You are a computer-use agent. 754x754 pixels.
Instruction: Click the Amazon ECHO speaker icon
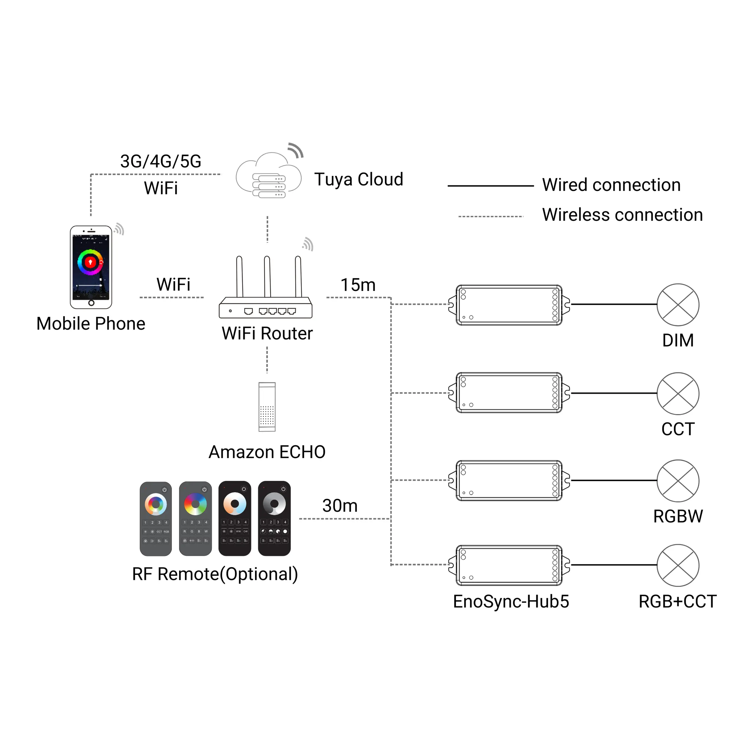(x=267, y=407)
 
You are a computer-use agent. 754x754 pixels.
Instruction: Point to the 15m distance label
(x=358, y=285)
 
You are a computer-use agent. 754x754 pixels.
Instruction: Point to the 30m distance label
(x=340, y=505)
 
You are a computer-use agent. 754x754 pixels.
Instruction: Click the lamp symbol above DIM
(x=678, y=305)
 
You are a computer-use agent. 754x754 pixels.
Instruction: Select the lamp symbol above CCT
(x=678, y=393)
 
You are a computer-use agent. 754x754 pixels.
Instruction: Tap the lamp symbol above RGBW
(x=678, y=480)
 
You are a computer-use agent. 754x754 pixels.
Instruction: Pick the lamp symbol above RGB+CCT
(x=678, y=565)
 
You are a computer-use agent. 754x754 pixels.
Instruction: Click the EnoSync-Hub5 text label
(x=511, y=601)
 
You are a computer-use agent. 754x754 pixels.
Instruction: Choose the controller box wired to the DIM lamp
(x=509, y=305)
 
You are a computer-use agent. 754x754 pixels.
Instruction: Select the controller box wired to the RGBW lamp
(x=509, y=480)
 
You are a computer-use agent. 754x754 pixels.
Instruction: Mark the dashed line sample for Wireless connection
(x=491, y=216)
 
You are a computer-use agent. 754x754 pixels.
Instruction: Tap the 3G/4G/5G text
(x=161, y=161)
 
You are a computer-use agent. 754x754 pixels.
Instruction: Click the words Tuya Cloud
(x=358, y=180)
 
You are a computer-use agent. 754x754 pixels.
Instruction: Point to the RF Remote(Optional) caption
(x=215, y=574)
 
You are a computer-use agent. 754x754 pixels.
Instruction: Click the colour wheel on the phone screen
(x=90, y=262)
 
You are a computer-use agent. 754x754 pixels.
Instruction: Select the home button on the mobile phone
(x=91, y=303)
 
